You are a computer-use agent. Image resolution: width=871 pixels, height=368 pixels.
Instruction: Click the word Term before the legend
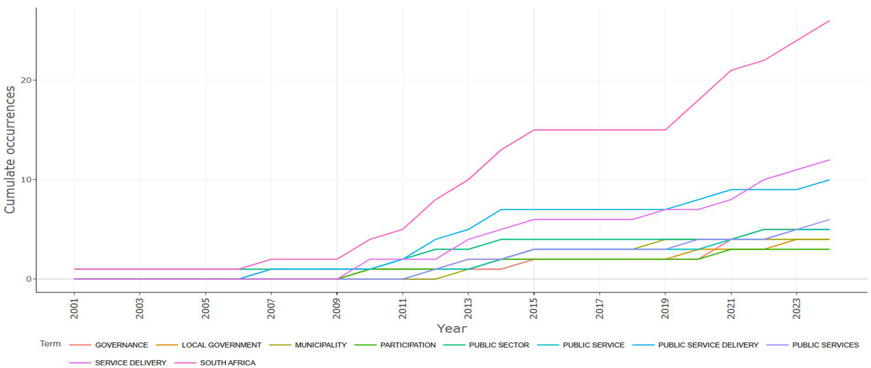click(x=50, y=344)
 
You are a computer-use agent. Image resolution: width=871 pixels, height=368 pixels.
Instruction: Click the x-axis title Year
click(x=452, y=328)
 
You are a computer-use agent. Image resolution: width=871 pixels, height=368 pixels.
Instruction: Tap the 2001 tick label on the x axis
click(x=74, y=307)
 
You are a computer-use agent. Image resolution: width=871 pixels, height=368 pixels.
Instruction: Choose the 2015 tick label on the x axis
click(x=533, y=307)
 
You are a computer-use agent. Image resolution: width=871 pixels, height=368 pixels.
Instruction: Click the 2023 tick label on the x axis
click(x=796, y=307)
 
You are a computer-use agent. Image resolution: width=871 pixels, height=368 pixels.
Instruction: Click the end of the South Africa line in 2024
click(x=829, y=21)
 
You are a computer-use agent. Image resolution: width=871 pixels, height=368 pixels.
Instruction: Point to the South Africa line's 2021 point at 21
click(x=731, y=70)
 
